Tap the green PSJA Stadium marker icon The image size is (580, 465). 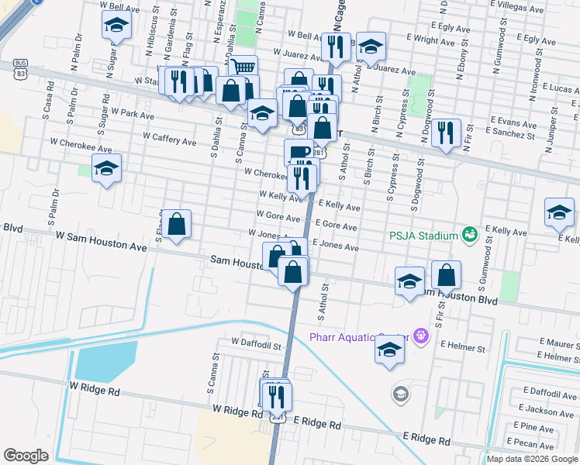(x=468, y=233)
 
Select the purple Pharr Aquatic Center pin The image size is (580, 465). (x=421, y=336)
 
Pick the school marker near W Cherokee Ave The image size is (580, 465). (x=105, y=167)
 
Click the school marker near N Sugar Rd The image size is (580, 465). (x=116, y=26)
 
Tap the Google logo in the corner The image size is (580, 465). (x=26, y=456)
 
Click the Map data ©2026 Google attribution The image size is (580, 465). (x=532, y=459)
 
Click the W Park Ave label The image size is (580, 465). (x=133, y=113)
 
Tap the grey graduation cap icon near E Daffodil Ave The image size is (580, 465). (x=400, y=394)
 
